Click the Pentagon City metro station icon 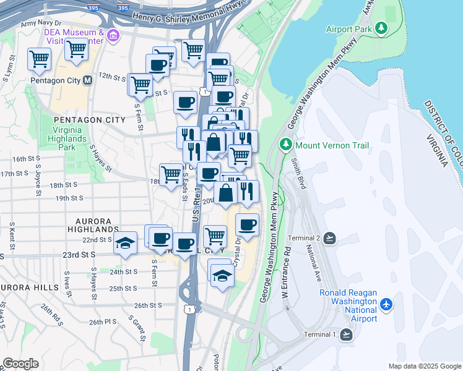(x=87, y=80)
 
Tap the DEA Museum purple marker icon (x=113, y=36)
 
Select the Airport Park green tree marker (x=382, y=28)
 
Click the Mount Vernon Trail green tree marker (x=285, y=145)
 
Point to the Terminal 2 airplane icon (x=329, y=238)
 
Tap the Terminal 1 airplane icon (x=346, y=335)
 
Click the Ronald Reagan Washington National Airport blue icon (x=387, y=304)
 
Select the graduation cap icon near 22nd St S (x=125, y=242)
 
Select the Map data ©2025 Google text (x=425, y=366)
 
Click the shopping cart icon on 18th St (x=171, y=174)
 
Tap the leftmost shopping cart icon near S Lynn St (x=39, y=59)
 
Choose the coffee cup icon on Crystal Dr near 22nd (x=247, y=225)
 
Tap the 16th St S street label (x=31, y=159)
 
